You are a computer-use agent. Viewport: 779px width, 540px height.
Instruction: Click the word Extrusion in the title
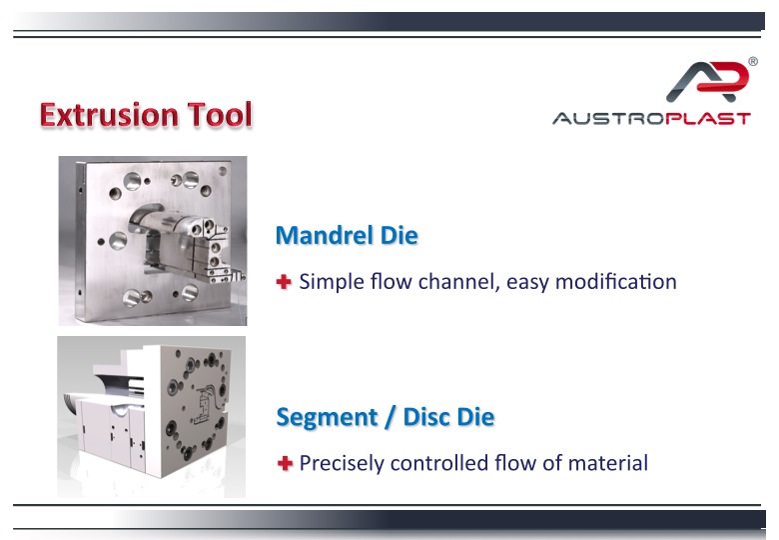[x=109, y=115]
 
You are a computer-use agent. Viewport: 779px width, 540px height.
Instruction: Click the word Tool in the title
[x=220, y=115]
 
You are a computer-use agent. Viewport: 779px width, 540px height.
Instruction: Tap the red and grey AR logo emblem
[x=707, y=81]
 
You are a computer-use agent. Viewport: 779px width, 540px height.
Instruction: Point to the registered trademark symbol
[x=753, y=62]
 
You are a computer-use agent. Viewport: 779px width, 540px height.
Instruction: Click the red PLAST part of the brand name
[x=708, y=119]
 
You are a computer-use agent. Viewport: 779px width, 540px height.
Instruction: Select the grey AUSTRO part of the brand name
[x=609, y=119]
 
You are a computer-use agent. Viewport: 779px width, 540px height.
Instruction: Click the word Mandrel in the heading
[x=324, y=235]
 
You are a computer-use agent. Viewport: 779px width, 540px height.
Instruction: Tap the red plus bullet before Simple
[x=284, y=282]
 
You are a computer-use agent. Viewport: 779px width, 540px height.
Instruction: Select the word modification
[x=616, y=281]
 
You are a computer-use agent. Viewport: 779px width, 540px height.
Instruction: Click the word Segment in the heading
[x=327, y=418]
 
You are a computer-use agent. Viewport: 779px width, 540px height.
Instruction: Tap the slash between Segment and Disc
[x=390, y=418]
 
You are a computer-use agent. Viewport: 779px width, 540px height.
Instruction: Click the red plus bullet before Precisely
[x=286, y=463]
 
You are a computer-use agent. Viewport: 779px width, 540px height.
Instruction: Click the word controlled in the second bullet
[x=438, y=463]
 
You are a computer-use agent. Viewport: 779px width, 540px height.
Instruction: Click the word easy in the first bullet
[x=527, y=282]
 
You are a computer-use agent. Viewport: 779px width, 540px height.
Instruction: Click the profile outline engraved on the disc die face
[x=206, y=407]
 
